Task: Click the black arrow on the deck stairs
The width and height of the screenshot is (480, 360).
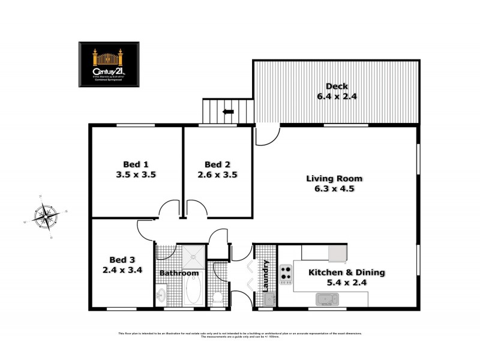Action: tap(229, 111)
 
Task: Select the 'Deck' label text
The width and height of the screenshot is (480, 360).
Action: tap(337, 85)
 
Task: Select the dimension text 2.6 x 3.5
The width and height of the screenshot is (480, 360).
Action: tap(217, 175)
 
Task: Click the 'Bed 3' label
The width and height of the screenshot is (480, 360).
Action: tap(122, 260)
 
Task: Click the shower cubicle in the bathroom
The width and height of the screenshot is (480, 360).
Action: tap(193, 256)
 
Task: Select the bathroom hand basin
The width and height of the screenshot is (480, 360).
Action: tap(161, 295)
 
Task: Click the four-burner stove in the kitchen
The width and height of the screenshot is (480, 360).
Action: tap(286, 274)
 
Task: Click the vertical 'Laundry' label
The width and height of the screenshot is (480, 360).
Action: tap(266, 274)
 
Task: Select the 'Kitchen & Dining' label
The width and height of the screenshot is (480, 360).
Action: tap(346, 272)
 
